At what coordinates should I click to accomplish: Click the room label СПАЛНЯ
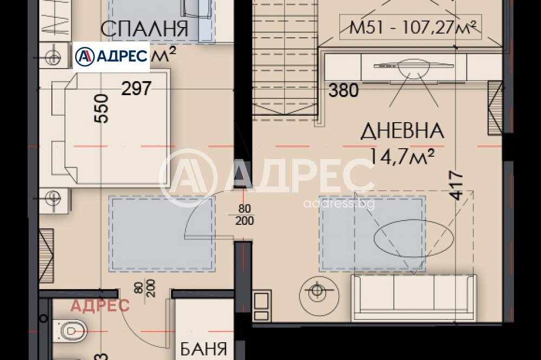(x=144, y=28)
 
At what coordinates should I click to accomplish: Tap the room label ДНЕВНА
(x=402, y=130)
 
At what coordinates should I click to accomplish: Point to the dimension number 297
(x=136, y=88)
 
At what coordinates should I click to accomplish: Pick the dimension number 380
(x=344, y=90)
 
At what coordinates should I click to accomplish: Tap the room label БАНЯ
(x=203, y=349)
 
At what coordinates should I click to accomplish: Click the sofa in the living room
(x=413, y=298)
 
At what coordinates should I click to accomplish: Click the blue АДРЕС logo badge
(x=111, y=57)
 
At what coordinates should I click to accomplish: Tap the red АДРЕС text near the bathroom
(x=101, y=305)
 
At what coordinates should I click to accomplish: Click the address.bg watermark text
(x=339, y=204)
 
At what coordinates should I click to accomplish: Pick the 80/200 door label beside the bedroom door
(x=245, y=215)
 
